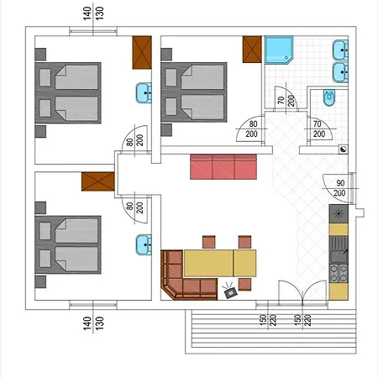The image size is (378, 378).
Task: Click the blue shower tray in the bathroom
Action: point(279,50)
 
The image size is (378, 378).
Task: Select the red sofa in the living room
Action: point(223,166)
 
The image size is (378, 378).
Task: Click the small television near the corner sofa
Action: point(229,291)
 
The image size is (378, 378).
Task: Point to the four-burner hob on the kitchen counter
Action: point(339,272)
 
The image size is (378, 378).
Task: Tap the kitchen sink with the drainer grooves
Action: point(339,244)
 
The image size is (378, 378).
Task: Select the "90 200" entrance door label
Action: point(339,188)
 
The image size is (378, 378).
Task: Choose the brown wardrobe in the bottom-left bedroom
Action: point(97,181)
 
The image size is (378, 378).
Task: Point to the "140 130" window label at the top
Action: point(93,14)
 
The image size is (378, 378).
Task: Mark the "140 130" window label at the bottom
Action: point(93,323)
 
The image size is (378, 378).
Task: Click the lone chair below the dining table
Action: point(245,285)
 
